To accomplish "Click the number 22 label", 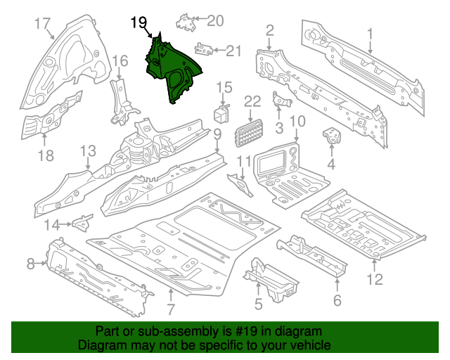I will pos(252,102).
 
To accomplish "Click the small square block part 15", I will pos(223,114).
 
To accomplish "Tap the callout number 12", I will pos(374,280).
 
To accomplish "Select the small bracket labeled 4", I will pos(330,136).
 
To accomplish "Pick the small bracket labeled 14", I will pos(82,224).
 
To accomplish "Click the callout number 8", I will pos(31,264).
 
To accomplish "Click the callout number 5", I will pos(258,304).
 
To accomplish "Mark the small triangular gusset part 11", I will pos(243,186).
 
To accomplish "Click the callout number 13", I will pos(87,151).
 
